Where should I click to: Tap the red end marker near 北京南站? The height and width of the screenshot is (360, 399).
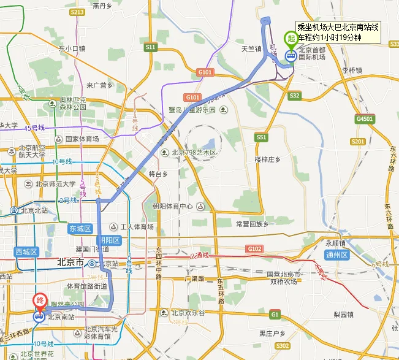[38, 302]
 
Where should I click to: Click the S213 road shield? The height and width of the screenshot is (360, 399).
[77, 12]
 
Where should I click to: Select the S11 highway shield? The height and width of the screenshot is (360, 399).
[150, 47]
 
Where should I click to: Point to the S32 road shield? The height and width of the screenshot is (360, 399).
[295, 96]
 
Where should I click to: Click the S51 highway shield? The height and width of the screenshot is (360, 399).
[262, 137]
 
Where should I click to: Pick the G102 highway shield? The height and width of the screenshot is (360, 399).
[254, 248]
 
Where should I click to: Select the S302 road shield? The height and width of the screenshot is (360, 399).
[282, 347]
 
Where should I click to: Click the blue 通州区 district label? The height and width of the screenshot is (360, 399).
[336, 255]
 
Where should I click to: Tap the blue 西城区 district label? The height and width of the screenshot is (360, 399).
[26, 251]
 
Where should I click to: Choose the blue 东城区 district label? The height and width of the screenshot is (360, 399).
[80, 228]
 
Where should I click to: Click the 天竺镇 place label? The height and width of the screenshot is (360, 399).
[251, 48]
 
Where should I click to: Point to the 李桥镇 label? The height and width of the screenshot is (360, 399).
[352, 71]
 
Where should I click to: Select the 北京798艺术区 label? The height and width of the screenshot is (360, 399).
[194, 153]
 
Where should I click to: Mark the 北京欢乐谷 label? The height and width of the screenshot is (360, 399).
[189, 312]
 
